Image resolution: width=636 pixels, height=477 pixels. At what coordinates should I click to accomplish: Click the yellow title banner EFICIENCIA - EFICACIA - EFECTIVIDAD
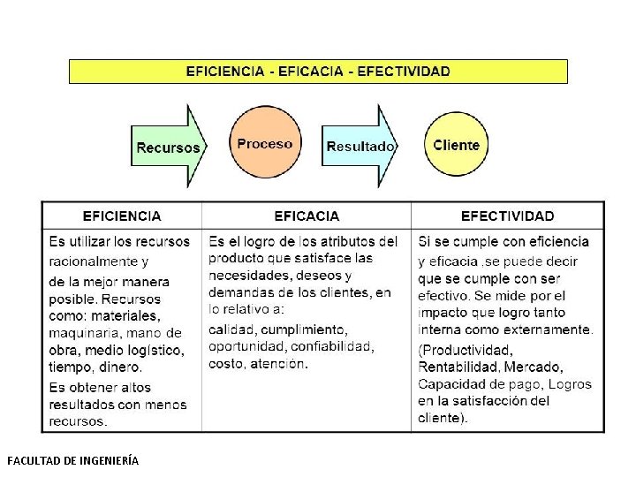point(318,71)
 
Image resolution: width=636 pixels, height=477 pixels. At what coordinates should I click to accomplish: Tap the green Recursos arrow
point(168,147)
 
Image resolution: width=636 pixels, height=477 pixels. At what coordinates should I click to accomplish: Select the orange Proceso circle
point(265,144)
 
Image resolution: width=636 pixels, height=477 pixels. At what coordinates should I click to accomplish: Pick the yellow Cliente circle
point(456,145)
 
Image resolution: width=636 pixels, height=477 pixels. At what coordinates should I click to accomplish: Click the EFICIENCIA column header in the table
point(122,216)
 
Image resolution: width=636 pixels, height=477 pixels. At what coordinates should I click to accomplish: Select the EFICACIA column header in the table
point(307,216)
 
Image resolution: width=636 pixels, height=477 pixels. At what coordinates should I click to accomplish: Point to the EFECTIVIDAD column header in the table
point(508,216)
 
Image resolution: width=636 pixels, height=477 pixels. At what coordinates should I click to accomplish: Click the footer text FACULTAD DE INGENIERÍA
point(72,460)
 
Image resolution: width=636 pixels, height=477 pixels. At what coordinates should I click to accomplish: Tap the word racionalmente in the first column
point(94,261)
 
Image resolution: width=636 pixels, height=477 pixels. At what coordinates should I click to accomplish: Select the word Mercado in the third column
point(534,367)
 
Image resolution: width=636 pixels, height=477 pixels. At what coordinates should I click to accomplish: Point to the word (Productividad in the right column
point(466,350)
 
